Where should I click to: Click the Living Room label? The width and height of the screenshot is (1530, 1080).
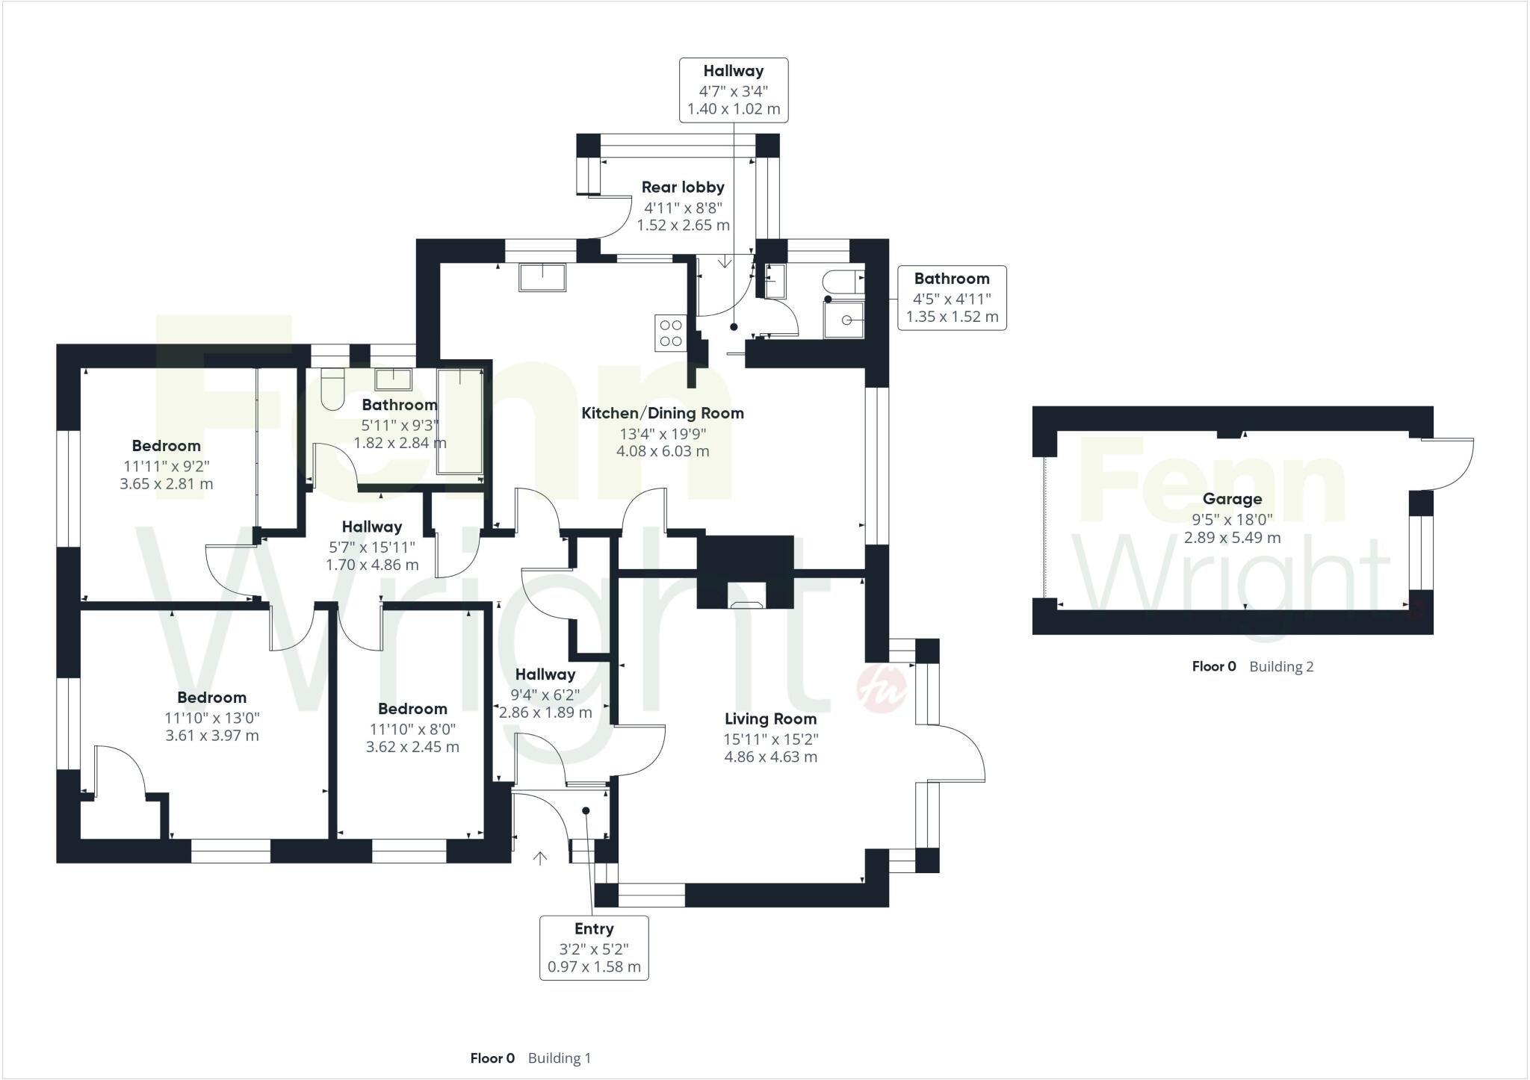point(770,719)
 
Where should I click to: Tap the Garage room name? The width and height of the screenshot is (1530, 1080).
point(1232,499)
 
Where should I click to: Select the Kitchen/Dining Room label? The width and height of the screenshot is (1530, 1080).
point(663,413)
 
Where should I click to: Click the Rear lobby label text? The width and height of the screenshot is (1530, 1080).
point(683,187)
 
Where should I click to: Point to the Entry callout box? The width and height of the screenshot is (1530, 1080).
point(594,947)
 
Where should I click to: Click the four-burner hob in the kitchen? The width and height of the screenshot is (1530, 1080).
point(670,333)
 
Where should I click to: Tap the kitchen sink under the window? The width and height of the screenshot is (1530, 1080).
point(542,276)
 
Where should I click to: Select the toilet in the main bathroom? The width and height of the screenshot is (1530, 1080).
point(332,388)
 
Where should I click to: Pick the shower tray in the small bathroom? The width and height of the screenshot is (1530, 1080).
point(844,320)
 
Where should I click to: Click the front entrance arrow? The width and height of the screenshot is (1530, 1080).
point(540,858)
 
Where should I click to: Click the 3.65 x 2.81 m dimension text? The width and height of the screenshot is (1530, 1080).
point(166,483)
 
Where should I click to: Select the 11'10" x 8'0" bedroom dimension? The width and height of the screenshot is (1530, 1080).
point(412,728)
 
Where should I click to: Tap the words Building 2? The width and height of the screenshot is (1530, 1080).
point(1281,666)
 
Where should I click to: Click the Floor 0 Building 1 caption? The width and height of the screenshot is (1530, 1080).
point(530,1058)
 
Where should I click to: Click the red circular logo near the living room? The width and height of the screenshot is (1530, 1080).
point(882,688)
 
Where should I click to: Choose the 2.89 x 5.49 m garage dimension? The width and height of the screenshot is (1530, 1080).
point(1232,537)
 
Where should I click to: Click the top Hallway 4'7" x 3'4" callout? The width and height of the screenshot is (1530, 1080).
point(734,90)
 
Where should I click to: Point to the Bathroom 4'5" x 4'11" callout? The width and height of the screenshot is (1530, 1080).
point(952,297)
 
